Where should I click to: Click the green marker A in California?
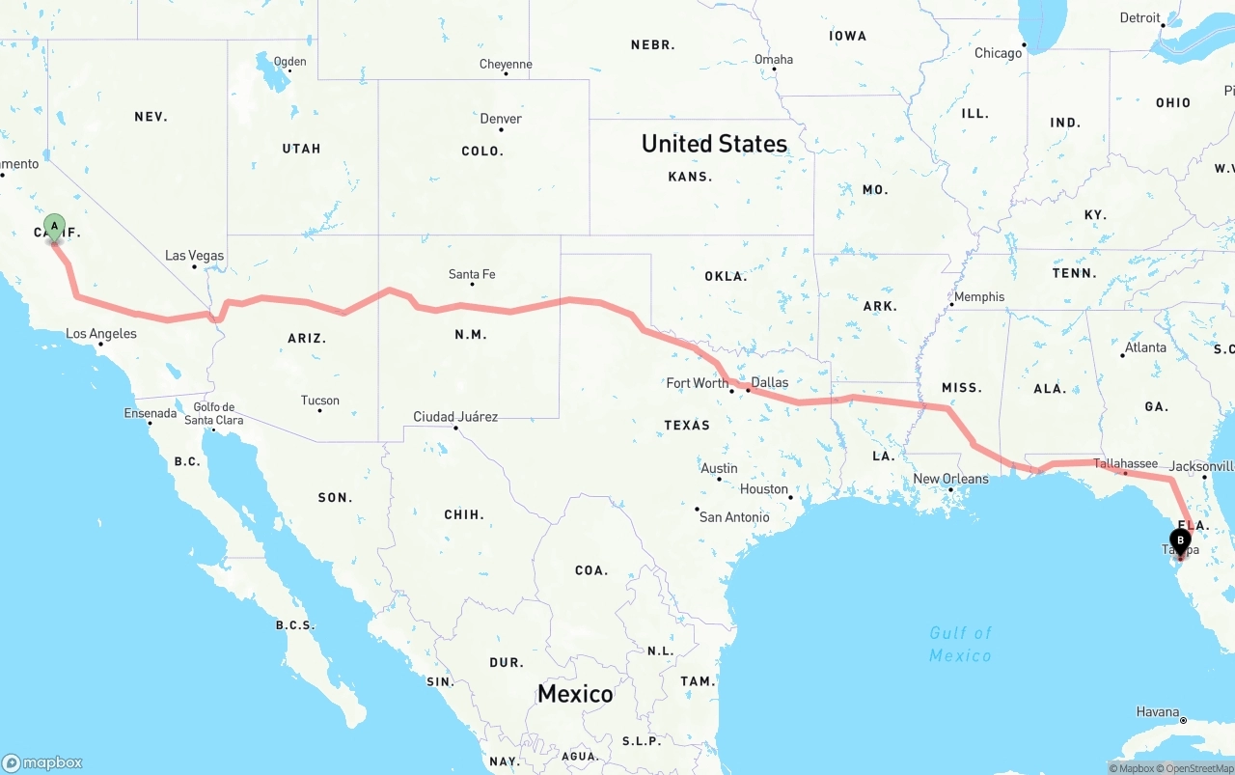[54, 228]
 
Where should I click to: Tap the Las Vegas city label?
[194, 256]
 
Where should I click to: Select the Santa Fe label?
[472, 274]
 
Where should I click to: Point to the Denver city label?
[501, 119]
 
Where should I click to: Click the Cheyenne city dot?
[506, 77]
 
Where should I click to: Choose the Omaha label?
[774, 59]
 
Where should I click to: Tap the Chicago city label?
[998, 53]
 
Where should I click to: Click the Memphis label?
[979, 296]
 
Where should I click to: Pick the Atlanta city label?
[1145, 347]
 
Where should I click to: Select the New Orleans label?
[950, 479]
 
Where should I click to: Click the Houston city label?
[764, 488]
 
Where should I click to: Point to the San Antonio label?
[734, 517]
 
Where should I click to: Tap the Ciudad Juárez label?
[455, 417]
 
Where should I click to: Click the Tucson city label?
[319, 401]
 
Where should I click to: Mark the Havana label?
[1157, 712]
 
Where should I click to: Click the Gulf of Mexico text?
[960, 644]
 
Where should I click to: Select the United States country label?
[714, 144]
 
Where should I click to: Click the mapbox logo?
[42, 762]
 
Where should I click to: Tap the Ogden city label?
[289, 61]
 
